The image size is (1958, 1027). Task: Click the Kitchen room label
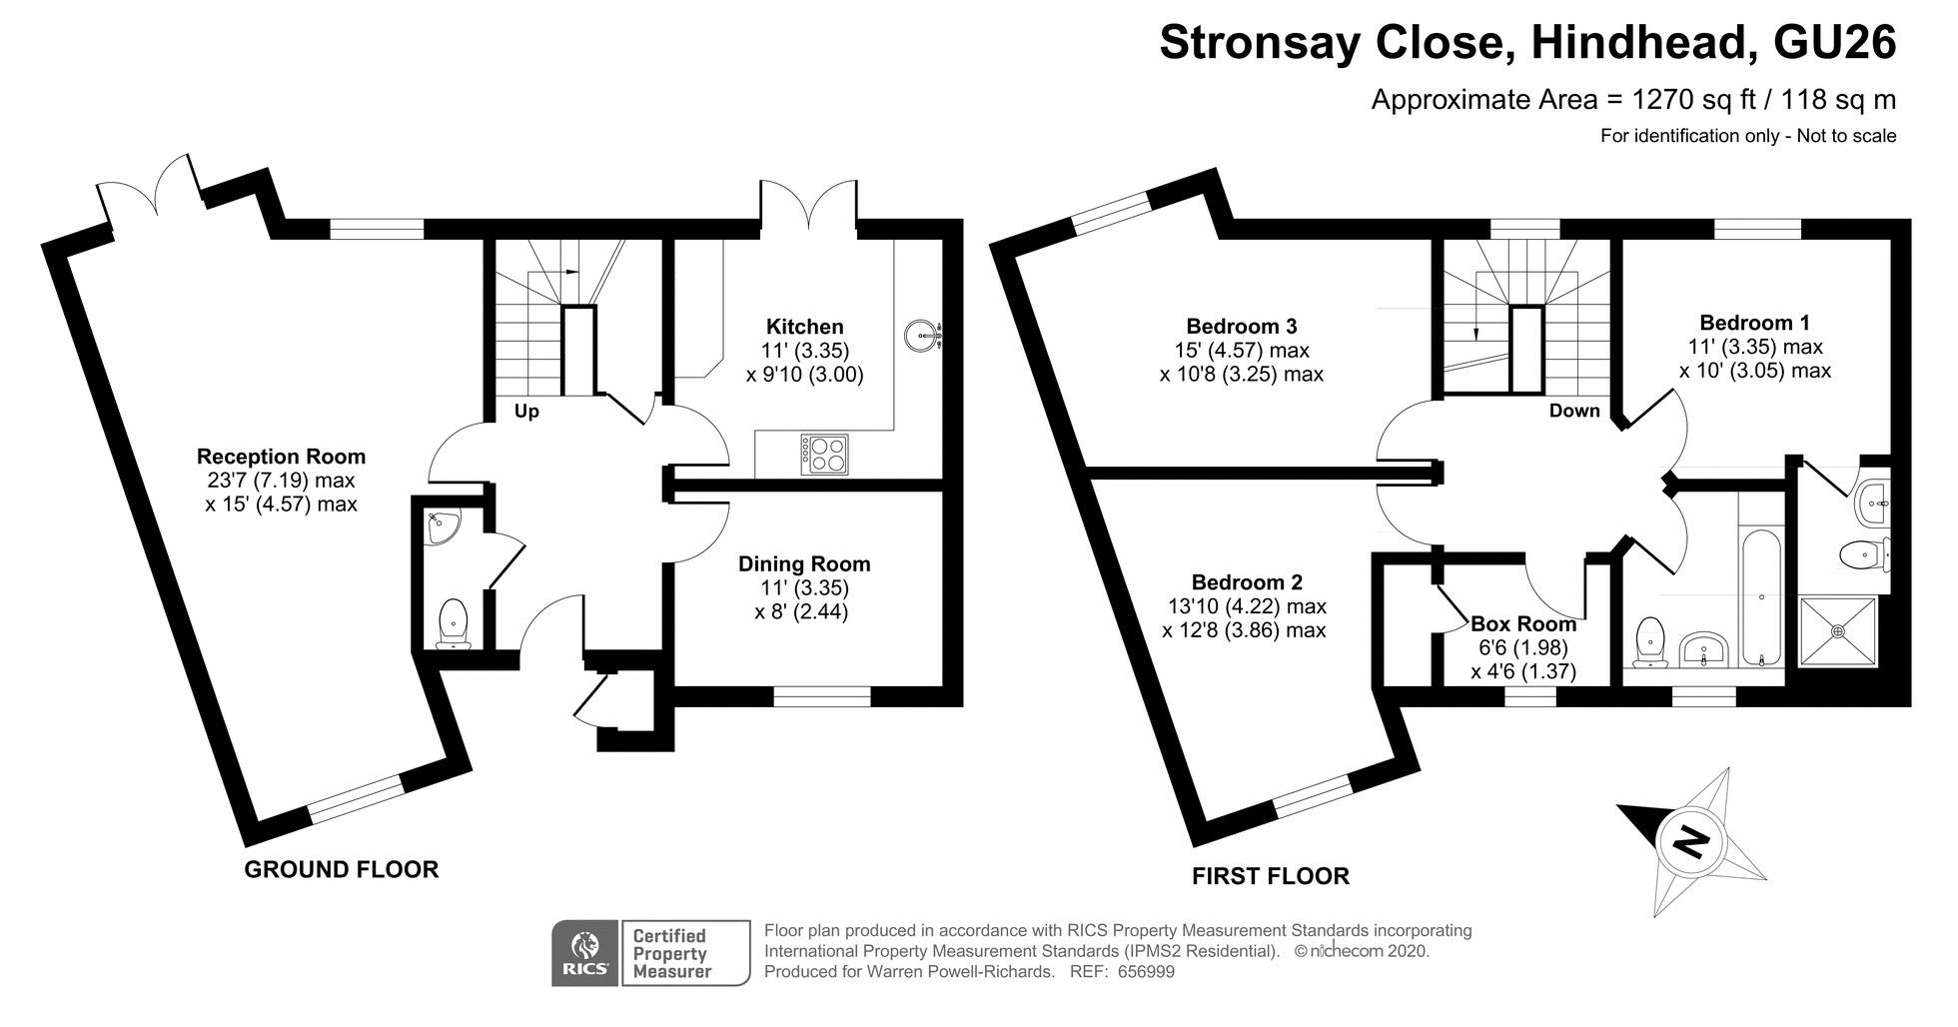pyautogui.click(x=804, y=327)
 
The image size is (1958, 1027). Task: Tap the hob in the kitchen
pyautogui.click(x=823, y=455)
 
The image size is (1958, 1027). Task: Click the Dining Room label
pyautogui.click(x=804, y=563)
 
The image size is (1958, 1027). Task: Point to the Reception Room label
pyautogui.click(x=281, y=457)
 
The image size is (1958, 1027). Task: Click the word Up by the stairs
pyautogui.click(x=526, y=412)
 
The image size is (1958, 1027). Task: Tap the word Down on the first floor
pyautogui.click(x=1574, y=411)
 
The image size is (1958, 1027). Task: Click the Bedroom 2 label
pyautogui.click(x=1247, y=582)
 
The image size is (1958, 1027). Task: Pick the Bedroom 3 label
pyautogui.click(x=1241, y=326)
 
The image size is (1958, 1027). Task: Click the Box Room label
pyautogui.click(x=1523, y=624)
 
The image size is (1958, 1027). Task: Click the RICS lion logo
pyautogui.click(x=585, y=953)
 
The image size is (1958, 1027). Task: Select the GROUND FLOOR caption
pyautogui.click(x=342, y=869)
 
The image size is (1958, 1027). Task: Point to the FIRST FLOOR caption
pyautogui.click(x=1271, y=876)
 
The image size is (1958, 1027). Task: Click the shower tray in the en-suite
pyautogui.click(x=1838, y=631)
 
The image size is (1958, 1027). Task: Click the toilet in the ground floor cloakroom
pyautogui.click(x=454, y=623)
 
